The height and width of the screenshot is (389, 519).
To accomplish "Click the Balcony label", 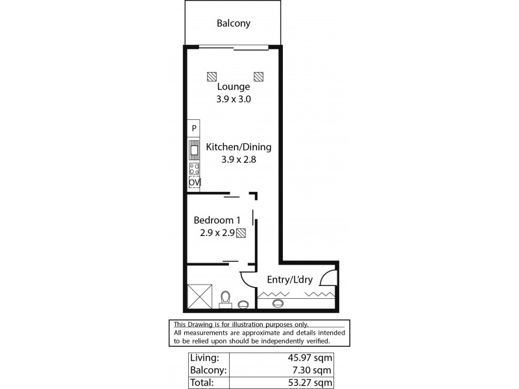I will tap(234, 24).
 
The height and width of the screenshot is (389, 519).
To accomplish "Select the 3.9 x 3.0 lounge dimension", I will tap(234, 100).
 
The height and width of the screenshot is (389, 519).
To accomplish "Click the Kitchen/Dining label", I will tap(238, 147).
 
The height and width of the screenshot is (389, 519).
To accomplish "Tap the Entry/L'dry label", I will tap(291, 280).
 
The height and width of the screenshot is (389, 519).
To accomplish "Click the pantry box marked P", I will tap(194, 128).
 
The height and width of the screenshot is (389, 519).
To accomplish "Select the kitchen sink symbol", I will tap(194, 150).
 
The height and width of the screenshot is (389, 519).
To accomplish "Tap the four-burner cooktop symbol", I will tap(194, 169).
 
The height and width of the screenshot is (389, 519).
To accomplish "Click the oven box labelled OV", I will tap(194, 183).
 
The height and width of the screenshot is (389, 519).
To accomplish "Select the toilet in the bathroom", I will tap(226, 298).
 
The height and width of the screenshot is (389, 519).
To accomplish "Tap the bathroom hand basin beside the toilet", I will tap(244, 303).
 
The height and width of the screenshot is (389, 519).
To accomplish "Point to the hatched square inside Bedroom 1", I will tap(241, 233).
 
